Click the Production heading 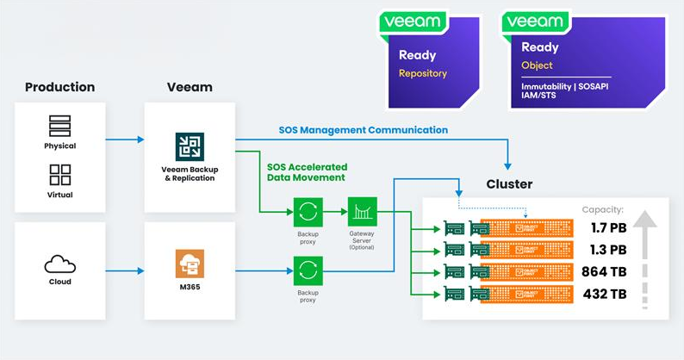coord(59,87)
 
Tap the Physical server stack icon coord(60,125)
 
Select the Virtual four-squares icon coord(60,175)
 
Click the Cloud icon coord(59,262)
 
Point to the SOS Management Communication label coord(363,130)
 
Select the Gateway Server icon coord(362,211)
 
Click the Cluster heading coord(509,184)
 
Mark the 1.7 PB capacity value coord(609,228)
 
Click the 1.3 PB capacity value coord(609,250)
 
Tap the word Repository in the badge coord(422,74)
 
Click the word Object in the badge coord(537,65)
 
